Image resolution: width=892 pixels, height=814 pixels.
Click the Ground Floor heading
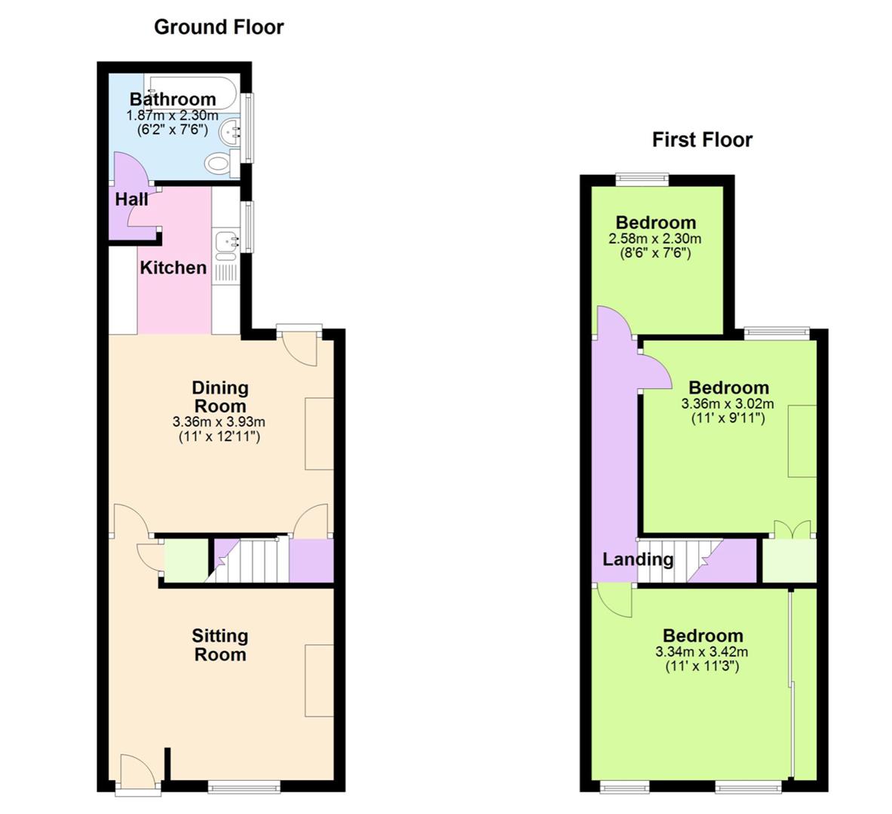[219, 27]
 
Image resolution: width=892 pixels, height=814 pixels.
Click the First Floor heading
[702, 139]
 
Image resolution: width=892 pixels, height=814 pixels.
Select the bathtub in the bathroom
[190, 91]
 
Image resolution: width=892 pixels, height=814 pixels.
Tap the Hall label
[131, 199]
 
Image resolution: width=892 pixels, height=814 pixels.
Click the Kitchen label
[173, 268]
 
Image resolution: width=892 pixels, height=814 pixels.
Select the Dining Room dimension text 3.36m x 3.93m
[219, 422]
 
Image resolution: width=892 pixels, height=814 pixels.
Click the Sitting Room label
[220, 645]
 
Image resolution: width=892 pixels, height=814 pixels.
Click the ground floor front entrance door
[138, 772]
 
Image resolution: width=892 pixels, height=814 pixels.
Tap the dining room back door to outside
[299, 347]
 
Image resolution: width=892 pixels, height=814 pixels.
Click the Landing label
[638, 559]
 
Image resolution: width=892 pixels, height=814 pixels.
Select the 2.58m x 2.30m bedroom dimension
[655, 238]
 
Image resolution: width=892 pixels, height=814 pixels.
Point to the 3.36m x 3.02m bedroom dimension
[728, 404]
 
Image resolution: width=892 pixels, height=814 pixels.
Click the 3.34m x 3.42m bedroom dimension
[702, 652]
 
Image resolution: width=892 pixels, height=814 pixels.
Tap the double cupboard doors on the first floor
[792, 530]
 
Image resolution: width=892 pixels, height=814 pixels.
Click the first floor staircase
[680, 561]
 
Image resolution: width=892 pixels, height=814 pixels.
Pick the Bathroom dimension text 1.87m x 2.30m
[173, 115]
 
